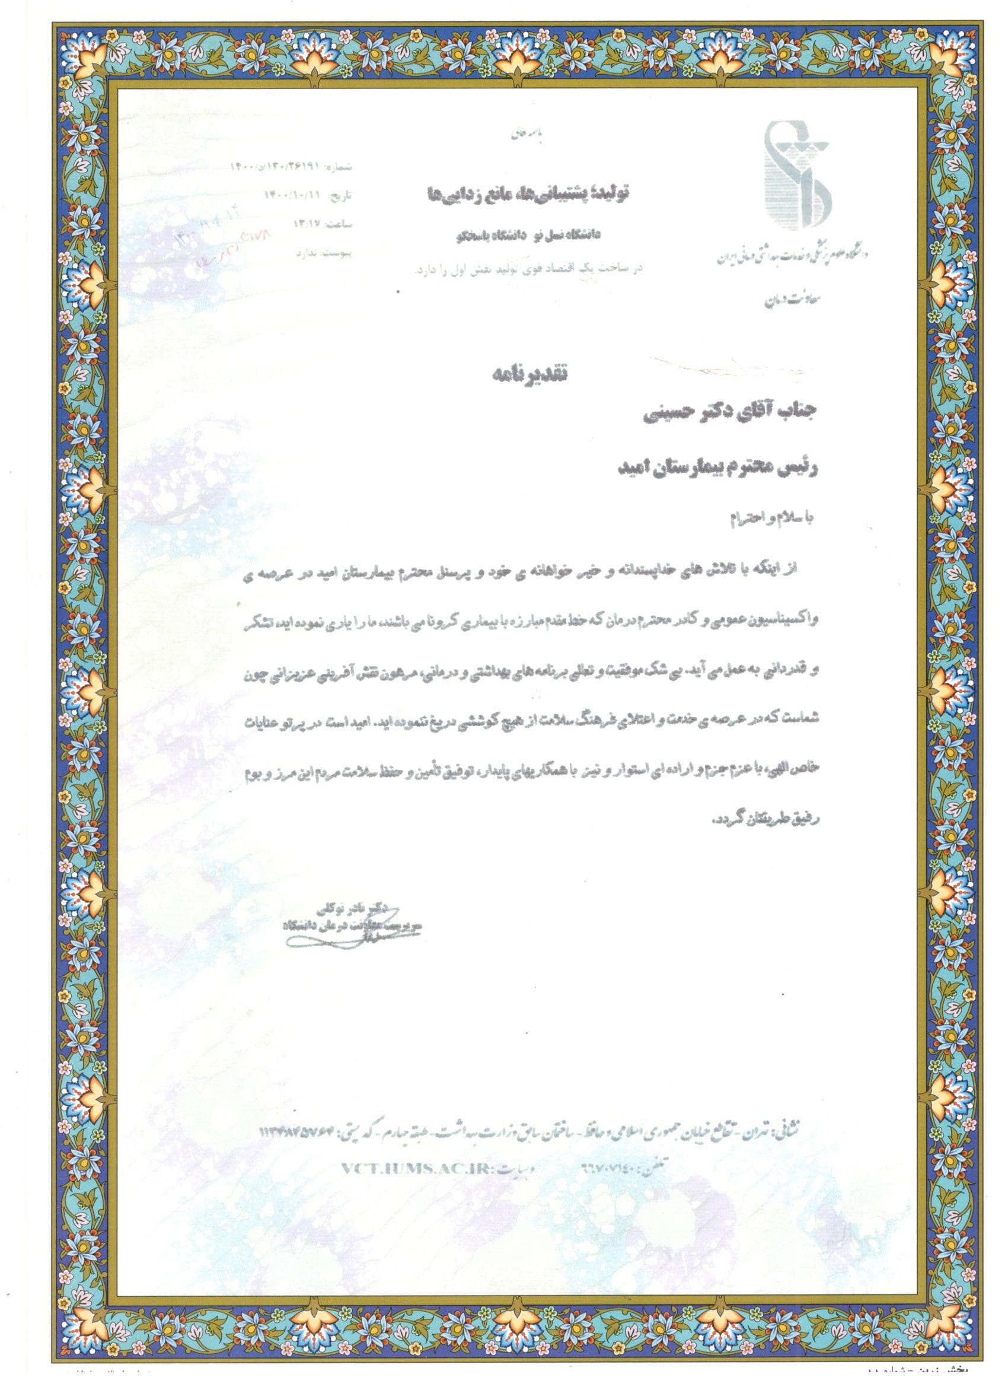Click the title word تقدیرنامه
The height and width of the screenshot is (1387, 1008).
tap(530, 373)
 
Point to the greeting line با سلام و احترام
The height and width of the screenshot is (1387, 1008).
tap(772, 520)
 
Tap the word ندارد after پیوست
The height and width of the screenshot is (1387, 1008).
tap(310, 253)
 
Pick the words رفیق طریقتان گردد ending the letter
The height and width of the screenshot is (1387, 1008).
tap(764, 819)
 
